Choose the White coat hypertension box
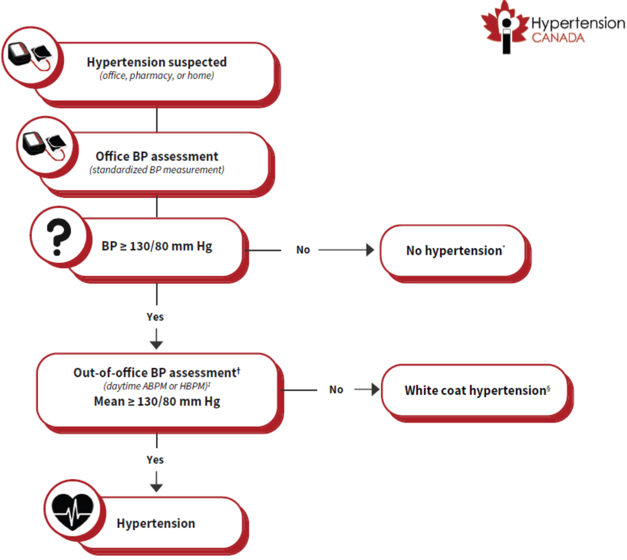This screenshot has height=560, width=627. click(474, 391)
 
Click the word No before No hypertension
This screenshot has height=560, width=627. click(303, 250)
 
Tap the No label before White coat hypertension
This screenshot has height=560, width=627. click(336, 390)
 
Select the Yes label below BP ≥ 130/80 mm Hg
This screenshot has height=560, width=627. click(155, 317)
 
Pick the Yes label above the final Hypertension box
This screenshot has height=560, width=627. click(155, 459)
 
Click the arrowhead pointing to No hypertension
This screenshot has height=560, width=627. click(371, 250)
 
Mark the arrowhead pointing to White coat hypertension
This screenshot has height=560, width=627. click(375, 390)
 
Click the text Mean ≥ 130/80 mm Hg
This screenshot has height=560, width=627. click(157, 402)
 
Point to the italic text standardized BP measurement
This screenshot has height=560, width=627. click(157, 170)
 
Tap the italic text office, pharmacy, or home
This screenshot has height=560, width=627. click(157, 76)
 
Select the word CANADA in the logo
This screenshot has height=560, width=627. click(558, 37)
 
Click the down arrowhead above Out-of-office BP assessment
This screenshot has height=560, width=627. click(157, 344)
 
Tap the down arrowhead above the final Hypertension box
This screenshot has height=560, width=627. click(157, 486)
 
